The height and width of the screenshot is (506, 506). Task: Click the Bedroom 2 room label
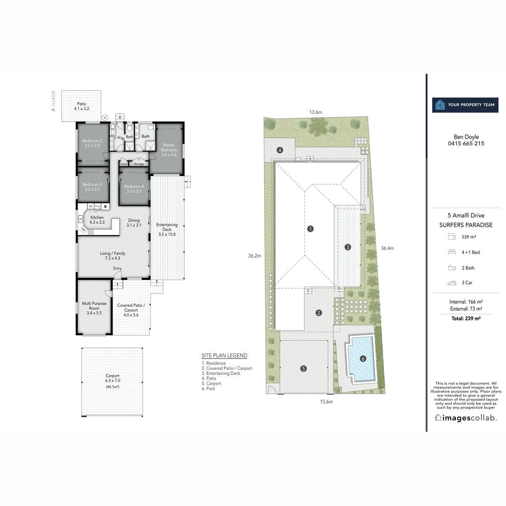(x=92, y=143)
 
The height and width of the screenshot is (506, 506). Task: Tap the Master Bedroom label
(x=169, y=150)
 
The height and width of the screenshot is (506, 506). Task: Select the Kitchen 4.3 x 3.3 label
(x=97, y=220)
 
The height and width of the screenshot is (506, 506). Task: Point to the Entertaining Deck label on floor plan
(x=167, y=229)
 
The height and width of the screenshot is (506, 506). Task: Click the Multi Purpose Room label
(x=94, y=308)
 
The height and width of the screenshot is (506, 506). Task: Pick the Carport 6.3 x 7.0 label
(x=113, y=378)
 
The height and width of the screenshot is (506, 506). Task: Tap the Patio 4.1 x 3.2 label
(x=81, y=106)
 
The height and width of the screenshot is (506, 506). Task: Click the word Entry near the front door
(x=117, y=269)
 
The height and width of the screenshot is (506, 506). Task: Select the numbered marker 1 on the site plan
(x=310, y=229)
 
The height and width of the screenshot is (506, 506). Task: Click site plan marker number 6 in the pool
(x=363, y=359)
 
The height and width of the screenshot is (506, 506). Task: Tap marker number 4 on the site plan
(x=280, y=150)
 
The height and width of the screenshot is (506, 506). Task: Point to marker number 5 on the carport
(x=303, y=369)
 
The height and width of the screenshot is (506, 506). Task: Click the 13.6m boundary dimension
(x=315, y=112)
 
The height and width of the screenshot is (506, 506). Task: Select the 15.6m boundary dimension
(x=326, y=402)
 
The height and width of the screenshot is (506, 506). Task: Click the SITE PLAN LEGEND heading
(x=224, y=355)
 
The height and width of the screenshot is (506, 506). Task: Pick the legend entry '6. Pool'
(x=208, y=388)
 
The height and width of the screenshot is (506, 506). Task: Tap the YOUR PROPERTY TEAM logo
(x=465, y=105)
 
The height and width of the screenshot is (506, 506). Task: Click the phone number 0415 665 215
(x=466, y=143)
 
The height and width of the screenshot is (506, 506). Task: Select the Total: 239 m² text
(x=466, y=319)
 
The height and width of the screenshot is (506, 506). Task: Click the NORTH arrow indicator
(x=53, y=101)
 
